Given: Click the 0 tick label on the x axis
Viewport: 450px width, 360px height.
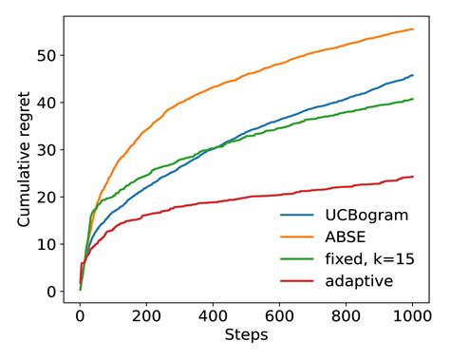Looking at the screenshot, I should pyautogui.click(x=81, y=314).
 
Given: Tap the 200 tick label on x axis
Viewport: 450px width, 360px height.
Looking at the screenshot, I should pyautogui.click(x=147, y=314).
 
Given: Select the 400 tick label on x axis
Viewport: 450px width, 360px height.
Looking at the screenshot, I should pyautogui.click(x=214, y=314).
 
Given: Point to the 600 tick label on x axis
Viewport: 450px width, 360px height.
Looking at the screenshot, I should pyautogui.click(x=280, y=314).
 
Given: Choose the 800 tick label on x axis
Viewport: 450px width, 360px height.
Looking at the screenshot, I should pyautogui.click(x=347, y=314).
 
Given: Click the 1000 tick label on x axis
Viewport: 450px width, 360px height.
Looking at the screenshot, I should pyautogui.click(x=413, y=314).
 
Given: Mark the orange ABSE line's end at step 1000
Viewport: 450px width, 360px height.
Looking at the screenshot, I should pyautogui.click(x=413, y=29).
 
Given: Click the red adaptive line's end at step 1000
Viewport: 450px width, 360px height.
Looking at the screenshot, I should pyautogui.click(x=413, y=177).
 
